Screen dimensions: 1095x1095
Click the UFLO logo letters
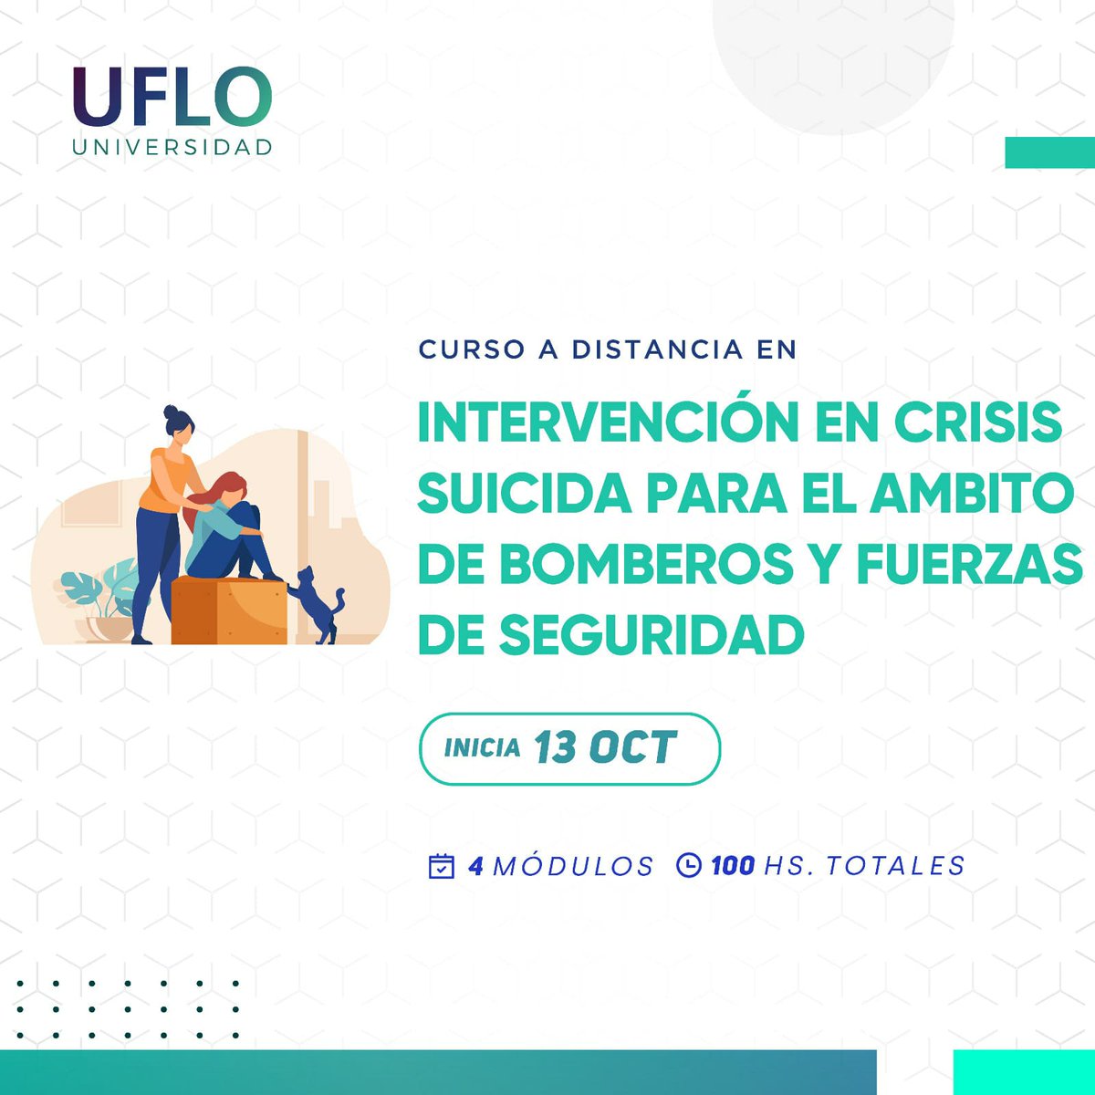pos(172,97)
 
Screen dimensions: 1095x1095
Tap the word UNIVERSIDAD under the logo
pos(172,147)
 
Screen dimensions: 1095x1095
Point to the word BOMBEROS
pos(646,564)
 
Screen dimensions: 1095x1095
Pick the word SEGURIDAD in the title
pos(651,635)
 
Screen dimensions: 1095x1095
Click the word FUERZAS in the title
pos(968,564)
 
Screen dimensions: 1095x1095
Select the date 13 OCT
pos(605,748)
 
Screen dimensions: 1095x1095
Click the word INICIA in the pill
pos(482,749)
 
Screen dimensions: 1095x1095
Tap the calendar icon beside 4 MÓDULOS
pos(442,865)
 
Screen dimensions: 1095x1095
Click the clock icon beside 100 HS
pos(689,864)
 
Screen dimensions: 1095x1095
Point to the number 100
pos(732,865)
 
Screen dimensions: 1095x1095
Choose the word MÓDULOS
pos(573,865)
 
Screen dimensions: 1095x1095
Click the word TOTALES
pos(895,865)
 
